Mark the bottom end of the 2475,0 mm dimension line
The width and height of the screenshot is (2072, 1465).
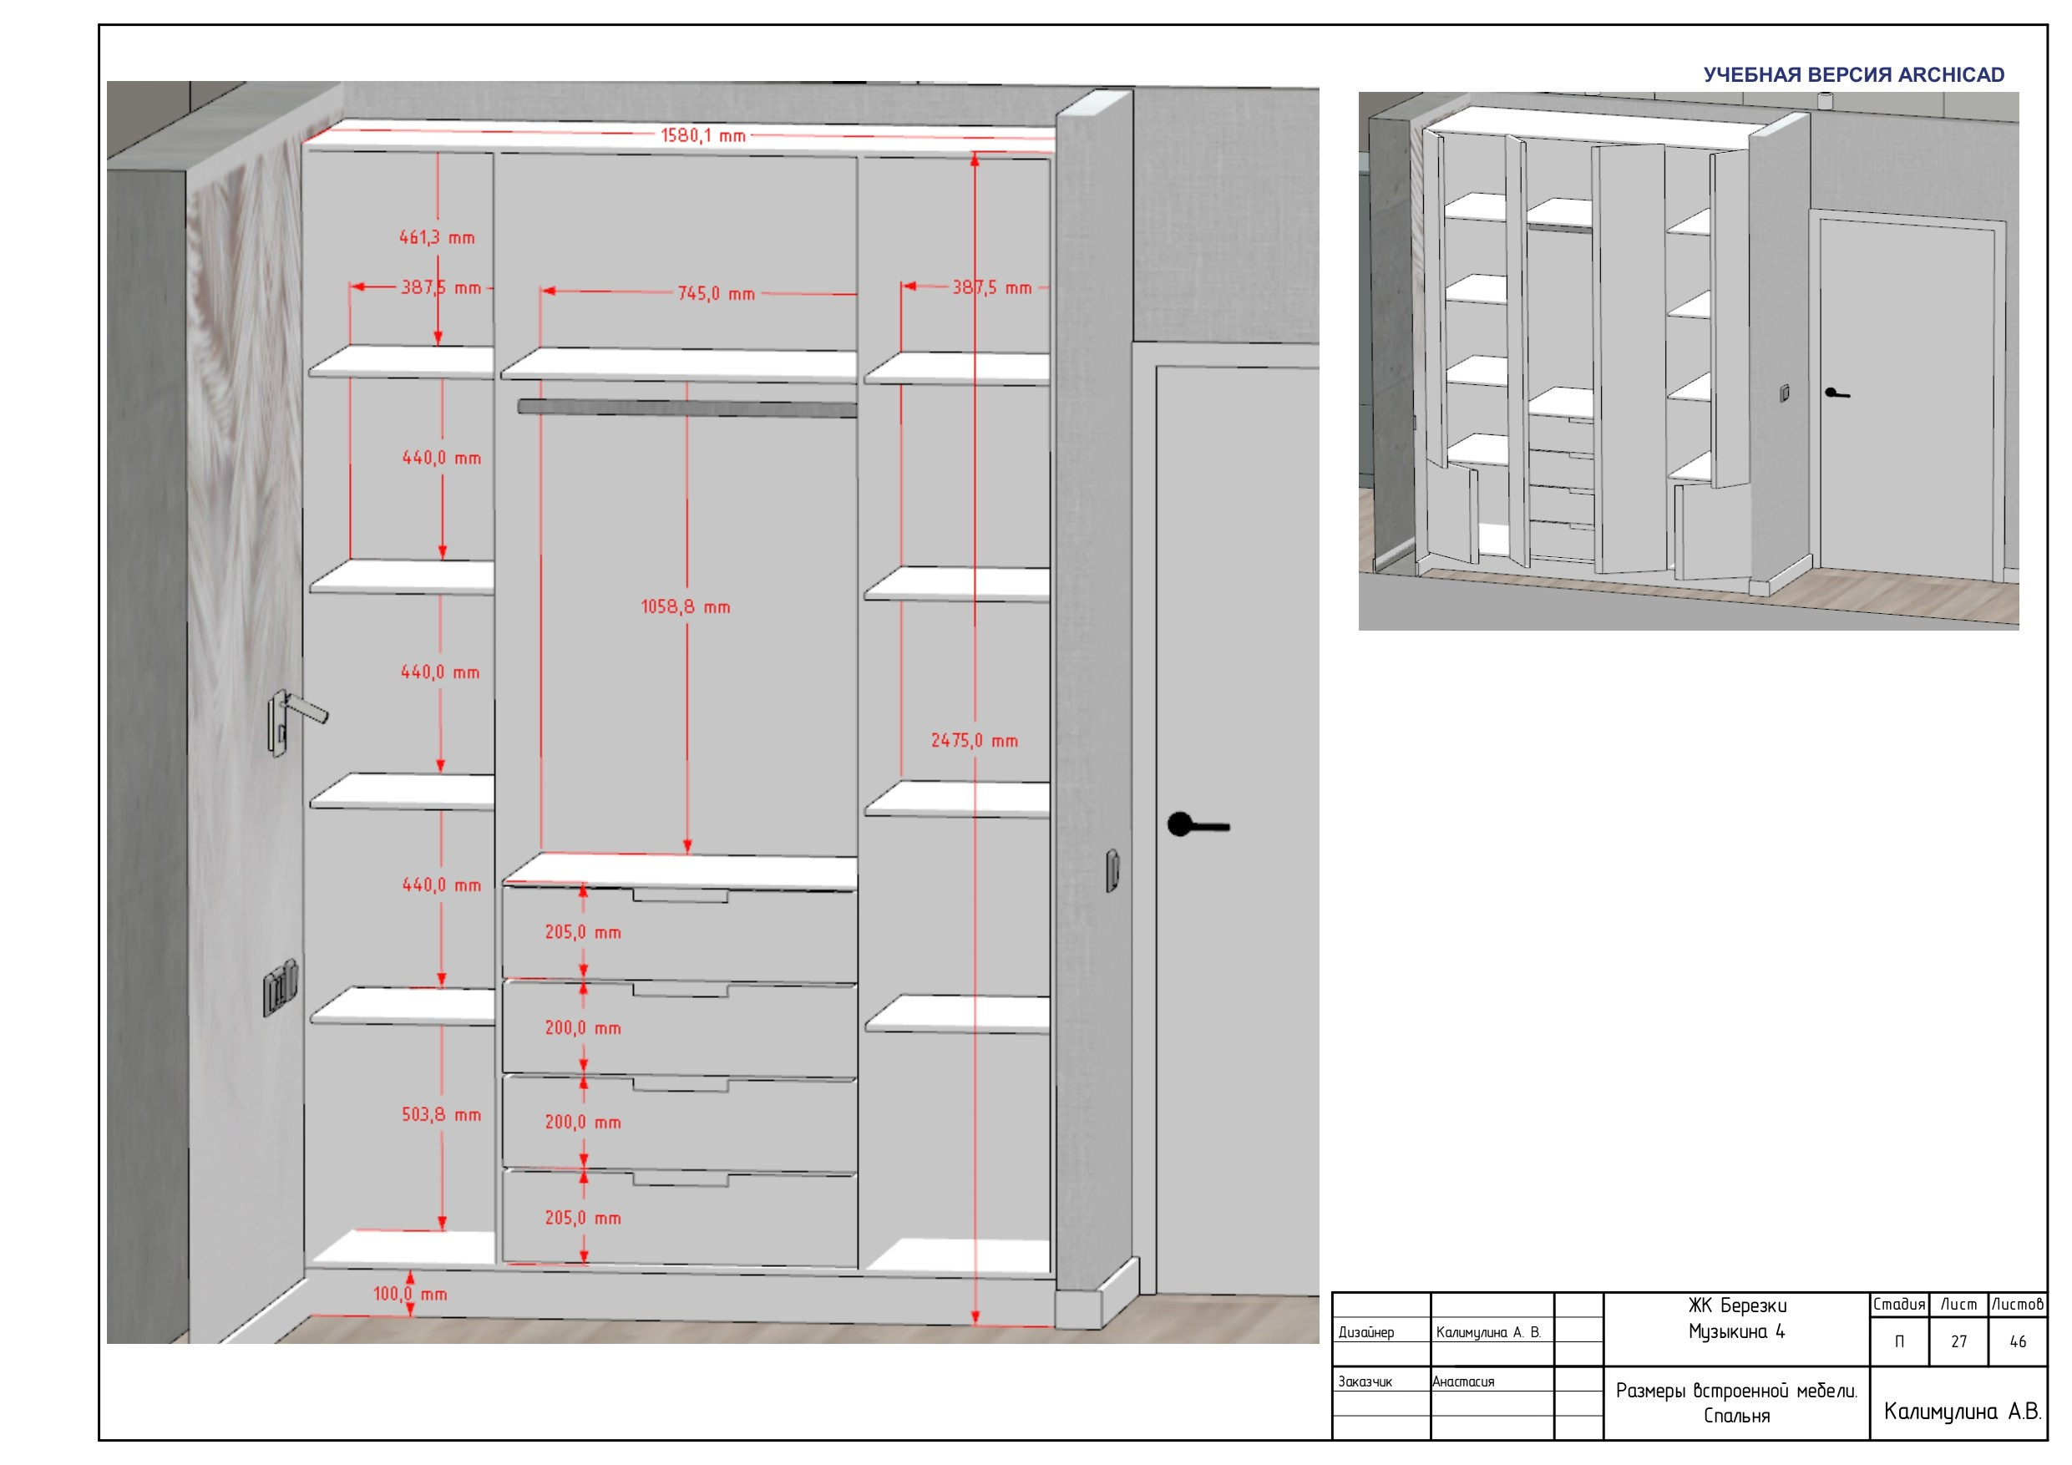[975, 1324]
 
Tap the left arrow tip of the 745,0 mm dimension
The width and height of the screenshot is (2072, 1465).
[541, 291]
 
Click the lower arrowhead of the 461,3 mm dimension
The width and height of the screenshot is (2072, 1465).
[438, 345]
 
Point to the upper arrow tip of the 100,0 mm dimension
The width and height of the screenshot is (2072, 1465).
[410, 1271]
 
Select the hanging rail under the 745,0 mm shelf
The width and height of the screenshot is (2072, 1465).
[687, 408]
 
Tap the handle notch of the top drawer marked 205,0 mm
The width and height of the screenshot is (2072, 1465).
[681, 895]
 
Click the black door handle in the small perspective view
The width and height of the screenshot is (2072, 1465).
[1836, 393]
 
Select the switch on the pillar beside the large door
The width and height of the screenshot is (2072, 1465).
[1112, 870]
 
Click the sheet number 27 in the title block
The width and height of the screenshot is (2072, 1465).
[1958, 1342]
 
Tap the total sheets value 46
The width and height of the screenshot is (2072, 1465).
[2018, 1342]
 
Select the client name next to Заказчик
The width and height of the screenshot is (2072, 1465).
[1463, 1382]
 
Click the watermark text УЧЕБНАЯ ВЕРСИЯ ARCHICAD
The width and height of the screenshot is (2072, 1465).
[1854, 75]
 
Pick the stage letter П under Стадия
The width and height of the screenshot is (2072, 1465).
[1899, 1342]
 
